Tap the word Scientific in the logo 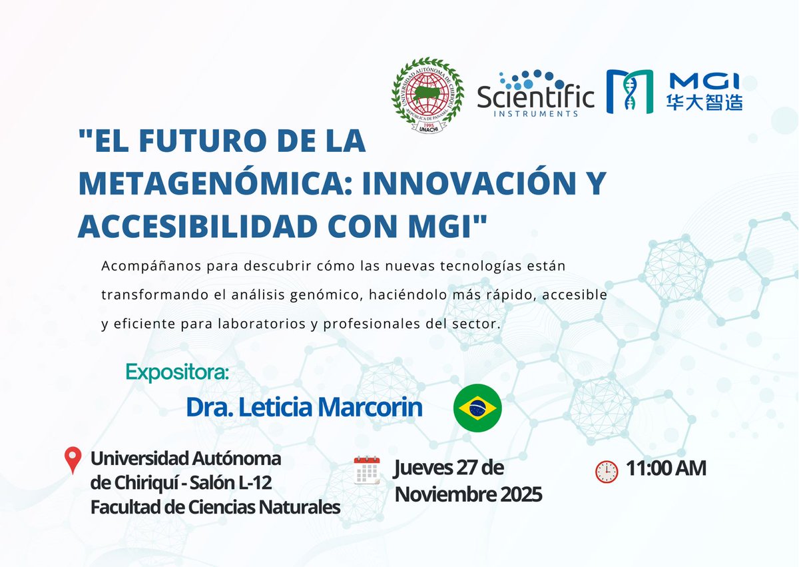(x=536, y=97)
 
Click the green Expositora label (x=176, y=370)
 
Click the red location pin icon (x=72, y=460)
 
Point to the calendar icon (x=366, y=469)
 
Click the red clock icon (x=606, y=471)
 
